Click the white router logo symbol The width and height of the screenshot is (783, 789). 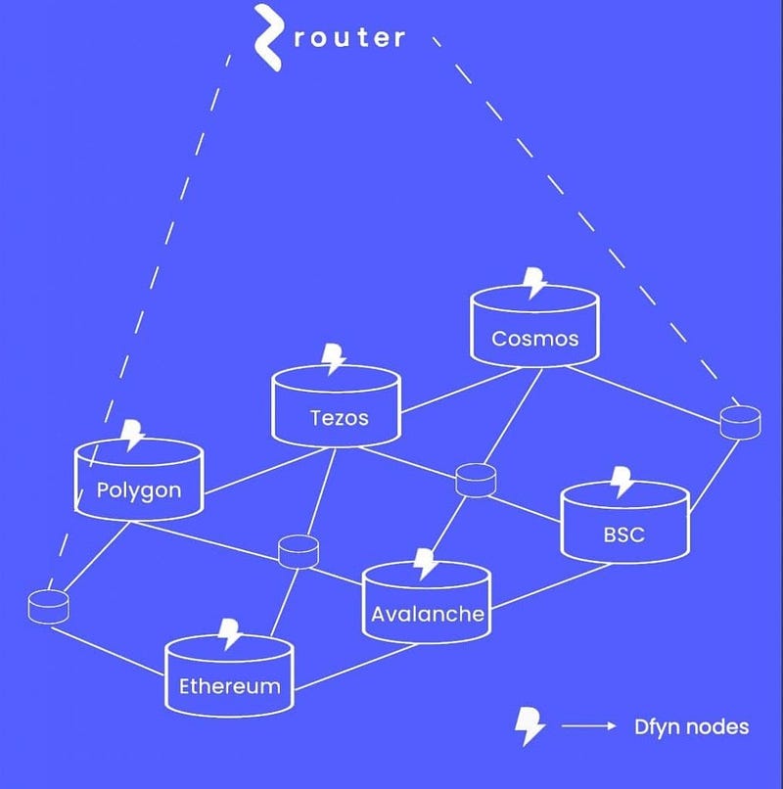coord(267,38)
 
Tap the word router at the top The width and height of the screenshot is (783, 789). coord(349,38)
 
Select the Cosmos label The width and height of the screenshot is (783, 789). coord(535,339)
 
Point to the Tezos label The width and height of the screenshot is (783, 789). coord(340,418)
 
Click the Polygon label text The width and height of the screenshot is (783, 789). coord(139,490)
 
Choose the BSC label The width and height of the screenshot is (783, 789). coord(624,534)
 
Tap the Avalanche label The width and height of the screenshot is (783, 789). coord(428,614)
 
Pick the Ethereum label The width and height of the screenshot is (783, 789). coord(230,686)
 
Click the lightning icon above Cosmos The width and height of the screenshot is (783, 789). coord(534,283)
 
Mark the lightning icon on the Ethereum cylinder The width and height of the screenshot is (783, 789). coord(230,634)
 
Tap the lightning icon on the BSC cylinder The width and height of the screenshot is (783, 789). coord(622,482)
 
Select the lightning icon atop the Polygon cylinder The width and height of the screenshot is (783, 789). coord(133,435)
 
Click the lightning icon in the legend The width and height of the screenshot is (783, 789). coord(530,726)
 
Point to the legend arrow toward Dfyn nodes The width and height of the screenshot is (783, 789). coord(589,725)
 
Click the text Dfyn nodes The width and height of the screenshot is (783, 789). coord(691,726)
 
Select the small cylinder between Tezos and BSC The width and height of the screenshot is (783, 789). coord(476,481)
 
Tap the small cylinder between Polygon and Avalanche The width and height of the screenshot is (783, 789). coord(299,552)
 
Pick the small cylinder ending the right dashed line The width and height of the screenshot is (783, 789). coord(740,423)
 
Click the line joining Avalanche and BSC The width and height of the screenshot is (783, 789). coord(551,586)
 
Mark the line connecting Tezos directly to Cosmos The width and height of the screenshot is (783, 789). coord(461,391)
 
